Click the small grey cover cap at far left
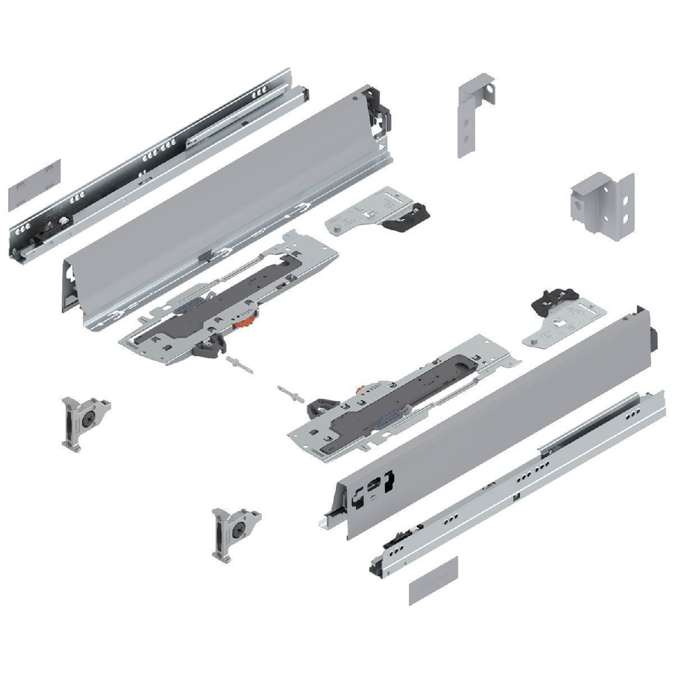click(34, 185)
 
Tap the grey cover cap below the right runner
click(433, 581)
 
